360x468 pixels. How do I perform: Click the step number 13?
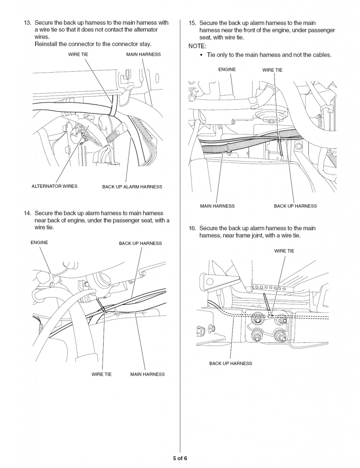pos(27,23)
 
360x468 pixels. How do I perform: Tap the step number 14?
pos(27,213)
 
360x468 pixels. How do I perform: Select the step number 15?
pos(192,23)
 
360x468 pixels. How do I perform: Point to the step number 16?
pos(192,228)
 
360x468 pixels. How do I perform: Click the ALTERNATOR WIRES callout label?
pos(54,186)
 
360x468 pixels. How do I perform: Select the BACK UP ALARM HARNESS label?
pos(132,186)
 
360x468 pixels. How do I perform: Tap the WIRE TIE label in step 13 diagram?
pos(78,54)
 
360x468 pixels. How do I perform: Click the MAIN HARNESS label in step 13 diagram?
pos(143,54)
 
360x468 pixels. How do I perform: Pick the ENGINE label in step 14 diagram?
pos(39,242)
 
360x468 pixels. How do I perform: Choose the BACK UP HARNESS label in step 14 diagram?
pos(140,243)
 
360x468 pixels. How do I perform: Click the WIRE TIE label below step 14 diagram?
pos(101,374)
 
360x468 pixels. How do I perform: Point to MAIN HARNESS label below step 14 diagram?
pos(147,374)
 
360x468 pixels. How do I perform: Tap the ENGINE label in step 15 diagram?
pos(227,69)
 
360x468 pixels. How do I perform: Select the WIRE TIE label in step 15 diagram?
pos(272,70)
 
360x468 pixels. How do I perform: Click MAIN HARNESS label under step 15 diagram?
pos(217,206)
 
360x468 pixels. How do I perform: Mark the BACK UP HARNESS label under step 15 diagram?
pos(295,206)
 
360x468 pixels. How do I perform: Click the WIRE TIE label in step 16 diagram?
pos(284,251)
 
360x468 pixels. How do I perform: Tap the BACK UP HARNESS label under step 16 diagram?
pos(230,363)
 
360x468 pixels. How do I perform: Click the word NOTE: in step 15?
pos(197,46)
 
